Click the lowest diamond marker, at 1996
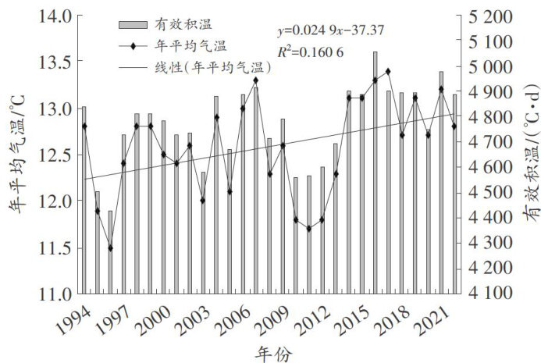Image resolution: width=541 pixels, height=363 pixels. (x=111, y=248)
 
